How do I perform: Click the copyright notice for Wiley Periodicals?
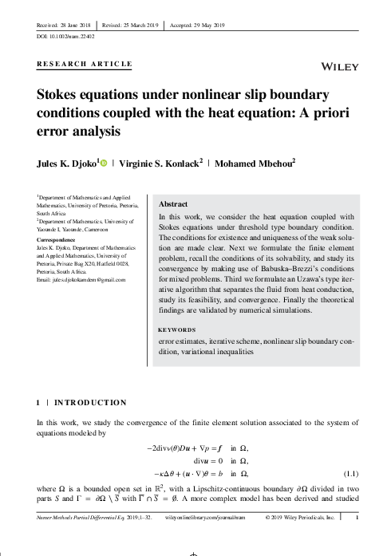298,538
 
